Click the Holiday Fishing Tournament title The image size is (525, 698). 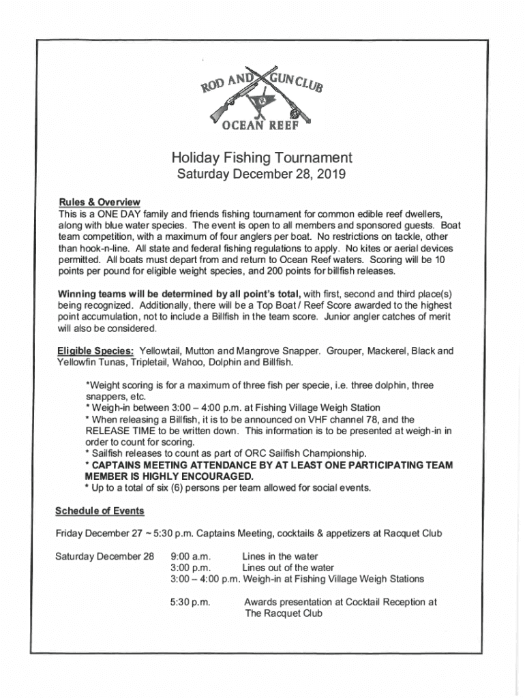point(262,158)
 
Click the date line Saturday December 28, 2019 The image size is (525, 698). point(262,175)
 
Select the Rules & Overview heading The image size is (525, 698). point(100,202)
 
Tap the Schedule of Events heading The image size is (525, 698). point(100,511)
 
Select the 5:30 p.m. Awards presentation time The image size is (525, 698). point(190,602)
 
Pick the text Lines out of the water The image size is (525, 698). point(288,567)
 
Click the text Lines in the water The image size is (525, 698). point(280,556)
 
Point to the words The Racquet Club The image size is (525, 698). point(283,613)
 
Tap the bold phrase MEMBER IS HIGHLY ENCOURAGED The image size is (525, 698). point(169,476)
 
